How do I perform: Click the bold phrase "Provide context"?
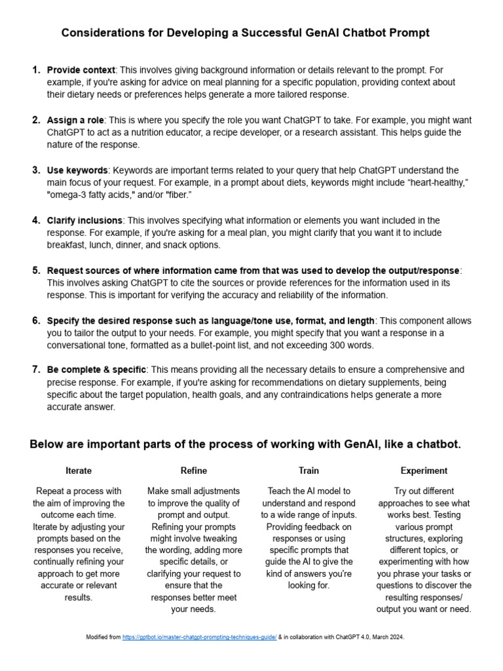81,70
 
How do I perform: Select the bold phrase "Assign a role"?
76,121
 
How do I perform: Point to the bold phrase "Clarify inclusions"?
84,221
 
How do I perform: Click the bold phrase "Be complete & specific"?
97,370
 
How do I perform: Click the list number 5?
36,271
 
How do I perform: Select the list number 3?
36,170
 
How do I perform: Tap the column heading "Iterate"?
79,470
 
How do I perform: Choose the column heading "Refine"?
194,470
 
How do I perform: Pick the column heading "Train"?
308,470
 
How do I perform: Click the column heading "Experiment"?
424,470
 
